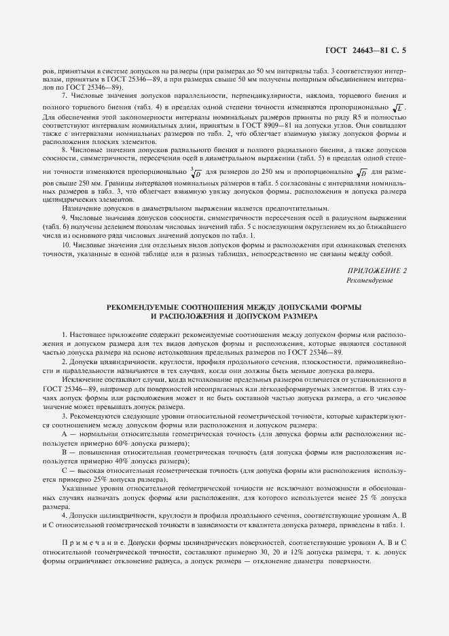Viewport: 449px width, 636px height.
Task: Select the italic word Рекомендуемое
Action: (x=370, y=280)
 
